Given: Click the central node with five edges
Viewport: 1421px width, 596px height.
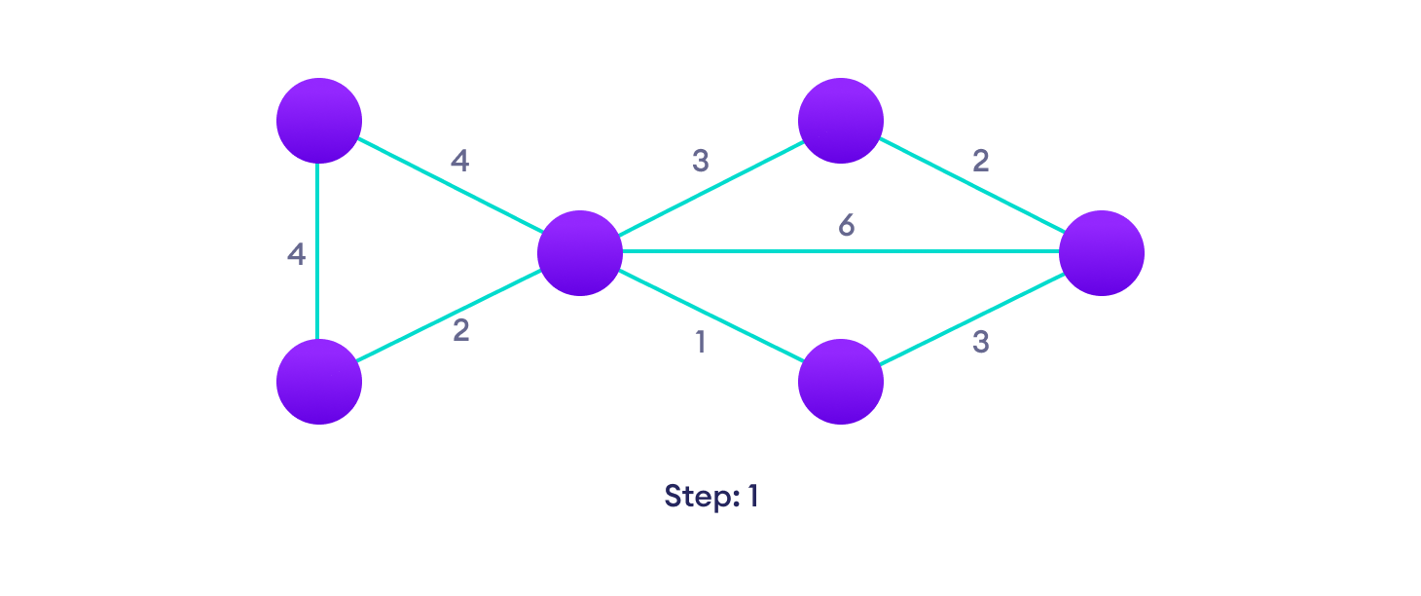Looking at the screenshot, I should pos(580,252).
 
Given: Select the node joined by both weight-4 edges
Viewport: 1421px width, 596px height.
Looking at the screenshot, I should pos(319,121).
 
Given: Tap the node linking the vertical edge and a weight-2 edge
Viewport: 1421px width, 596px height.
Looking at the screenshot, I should pos(319,382).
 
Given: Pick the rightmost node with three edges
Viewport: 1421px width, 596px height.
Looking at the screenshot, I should pos(1101,252).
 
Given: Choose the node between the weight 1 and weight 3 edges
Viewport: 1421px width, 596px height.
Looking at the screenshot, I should pos(841,382).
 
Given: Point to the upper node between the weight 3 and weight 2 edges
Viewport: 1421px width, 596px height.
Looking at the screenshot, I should pos(841,121).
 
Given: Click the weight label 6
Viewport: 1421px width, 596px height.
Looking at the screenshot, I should pos(846,226).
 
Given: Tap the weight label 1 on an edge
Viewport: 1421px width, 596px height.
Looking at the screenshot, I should pos(701,343).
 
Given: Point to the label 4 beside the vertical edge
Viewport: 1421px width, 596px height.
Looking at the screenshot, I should pos(296,255).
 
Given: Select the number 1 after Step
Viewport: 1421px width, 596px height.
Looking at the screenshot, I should pos(752,496).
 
